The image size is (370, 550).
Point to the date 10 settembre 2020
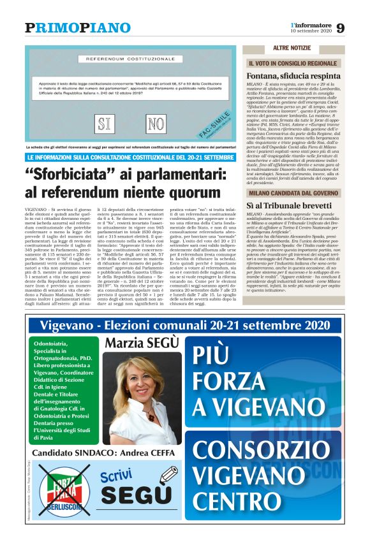point(311,32)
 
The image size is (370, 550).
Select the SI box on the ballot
point(107,122)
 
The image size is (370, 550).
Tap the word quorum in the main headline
point(193,192)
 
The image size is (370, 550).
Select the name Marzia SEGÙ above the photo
point(142,344)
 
